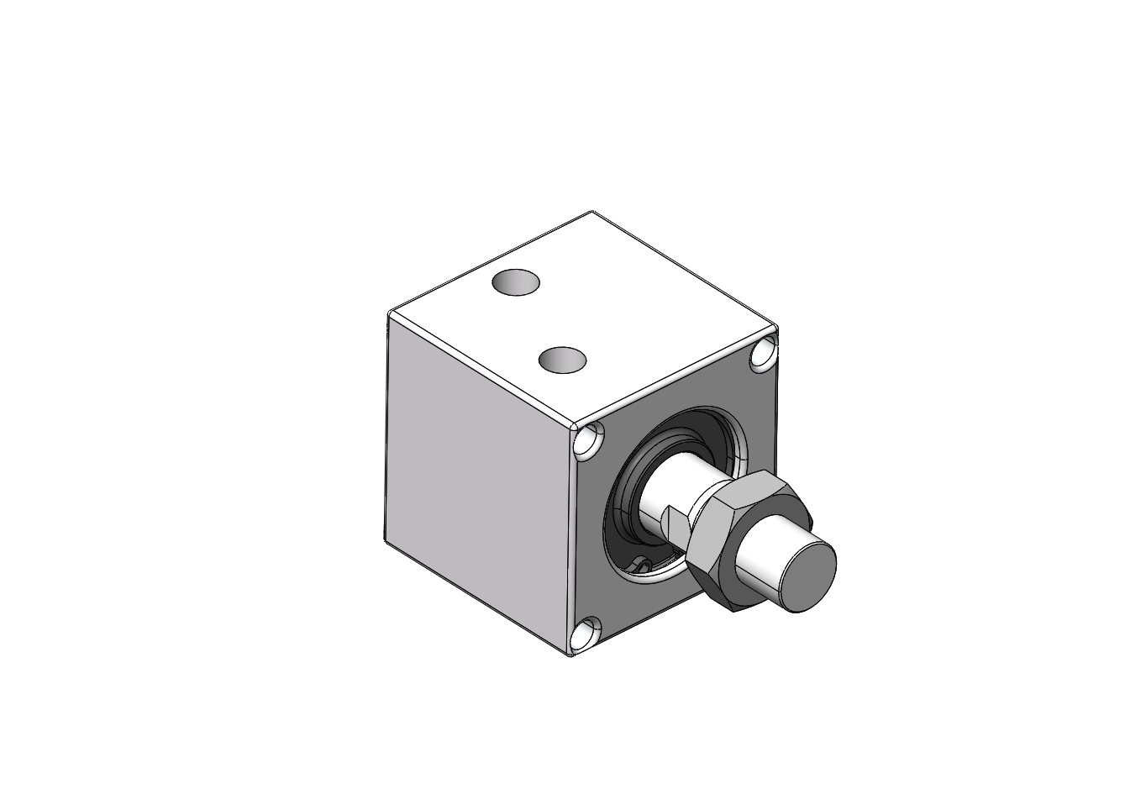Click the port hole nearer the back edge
click(515, 282)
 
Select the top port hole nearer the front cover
click(562, 360)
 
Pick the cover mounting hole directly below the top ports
click(589, 442)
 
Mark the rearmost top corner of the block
click(593, 212)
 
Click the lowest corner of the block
click(571, 655)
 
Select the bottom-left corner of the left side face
click(386, 539)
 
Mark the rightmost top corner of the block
click(776, 328)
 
